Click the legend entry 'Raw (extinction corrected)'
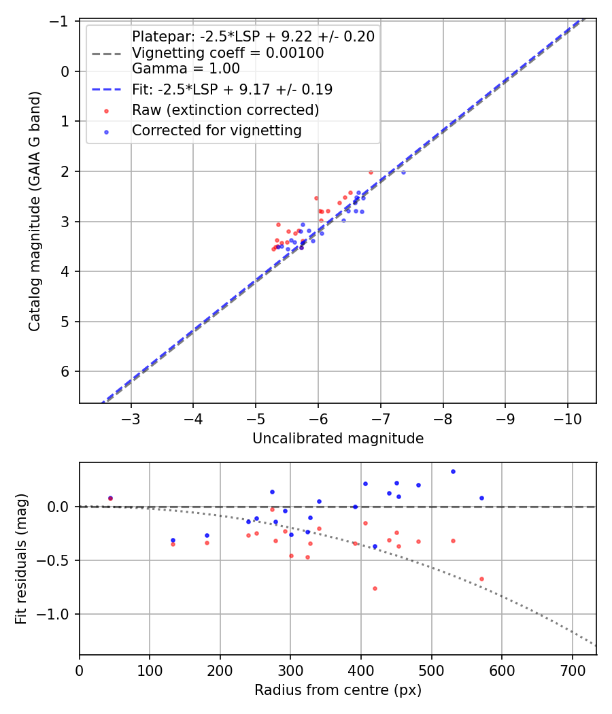coord(225,109)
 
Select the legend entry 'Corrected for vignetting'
coord(216,130)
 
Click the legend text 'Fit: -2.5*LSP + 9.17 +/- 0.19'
coord(232,89)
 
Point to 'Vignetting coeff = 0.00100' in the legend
coord(227,52)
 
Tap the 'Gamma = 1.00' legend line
coord(186,68)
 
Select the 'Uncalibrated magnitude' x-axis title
coord(338,439)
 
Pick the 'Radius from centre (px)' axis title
coord(338,690)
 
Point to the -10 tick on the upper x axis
coord(567,417)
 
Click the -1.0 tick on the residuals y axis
coord(59,614)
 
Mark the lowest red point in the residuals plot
coord(375,588)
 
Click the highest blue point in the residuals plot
coord(453,471)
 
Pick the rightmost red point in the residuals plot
coord(481,579)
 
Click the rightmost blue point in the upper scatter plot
coord(403,172)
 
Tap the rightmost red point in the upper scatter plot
coord(371,172)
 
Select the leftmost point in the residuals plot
coord(110,498)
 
